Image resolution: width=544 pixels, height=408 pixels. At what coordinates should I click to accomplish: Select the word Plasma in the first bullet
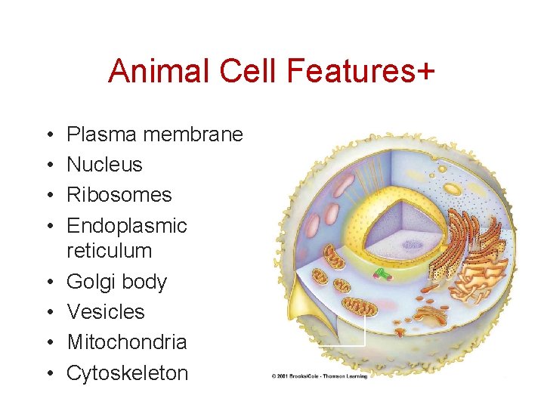102,135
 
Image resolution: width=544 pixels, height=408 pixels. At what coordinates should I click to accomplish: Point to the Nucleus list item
104,165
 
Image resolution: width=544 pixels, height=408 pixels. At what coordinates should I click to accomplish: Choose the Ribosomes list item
119,195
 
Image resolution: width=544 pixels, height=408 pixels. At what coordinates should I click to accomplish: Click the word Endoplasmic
127,226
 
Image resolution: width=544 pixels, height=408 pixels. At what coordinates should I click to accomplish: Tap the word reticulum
110,251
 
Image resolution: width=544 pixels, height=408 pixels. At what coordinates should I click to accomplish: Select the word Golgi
91,283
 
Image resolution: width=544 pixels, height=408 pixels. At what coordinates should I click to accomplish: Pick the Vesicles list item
106,312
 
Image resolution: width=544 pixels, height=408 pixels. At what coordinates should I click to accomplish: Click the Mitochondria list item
127,342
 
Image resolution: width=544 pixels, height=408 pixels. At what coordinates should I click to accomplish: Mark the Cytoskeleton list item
128,372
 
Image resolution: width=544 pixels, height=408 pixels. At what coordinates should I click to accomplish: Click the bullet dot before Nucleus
48,165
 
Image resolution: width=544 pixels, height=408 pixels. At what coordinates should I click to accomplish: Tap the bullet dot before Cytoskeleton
48,373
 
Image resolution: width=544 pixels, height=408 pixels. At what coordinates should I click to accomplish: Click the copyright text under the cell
319,376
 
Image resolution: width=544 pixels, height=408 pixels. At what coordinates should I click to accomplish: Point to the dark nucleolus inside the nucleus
412,244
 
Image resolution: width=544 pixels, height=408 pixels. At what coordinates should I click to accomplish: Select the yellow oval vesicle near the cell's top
452,188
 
